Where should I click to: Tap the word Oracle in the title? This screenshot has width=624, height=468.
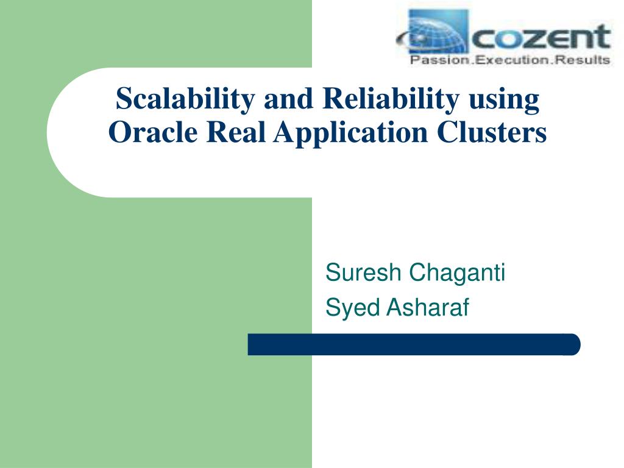153,132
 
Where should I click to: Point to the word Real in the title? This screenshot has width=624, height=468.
236,132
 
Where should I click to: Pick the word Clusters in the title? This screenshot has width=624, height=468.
492,132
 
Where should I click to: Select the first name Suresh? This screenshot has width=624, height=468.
363,272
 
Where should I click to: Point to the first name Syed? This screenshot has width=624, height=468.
352,308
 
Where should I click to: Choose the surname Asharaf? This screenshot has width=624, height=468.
428,307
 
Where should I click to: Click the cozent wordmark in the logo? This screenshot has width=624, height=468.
541,37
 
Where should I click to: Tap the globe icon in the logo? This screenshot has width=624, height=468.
437,32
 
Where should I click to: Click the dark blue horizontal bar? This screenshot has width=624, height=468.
414,345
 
